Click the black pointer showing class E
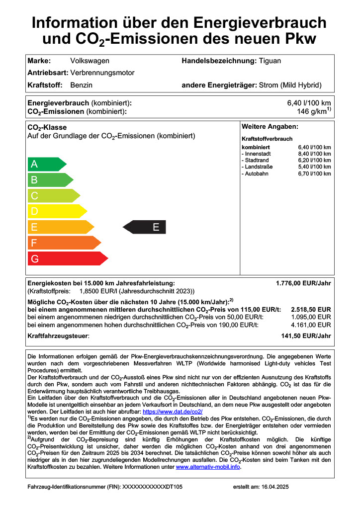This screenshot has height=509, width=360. (x=144, y=228)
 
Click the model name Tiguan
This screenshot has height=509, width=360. (x=270, y=61)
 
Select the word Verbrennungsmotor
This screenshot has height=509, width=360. (x=102, y=73)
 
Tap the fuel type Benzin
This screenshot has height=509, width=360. (x=82, y=85)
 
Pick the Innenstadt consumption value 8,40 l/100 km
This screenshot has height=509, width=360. (x=314, y=154)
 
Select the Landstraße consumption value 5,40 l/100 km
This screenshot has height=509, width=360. (x=314, y=167)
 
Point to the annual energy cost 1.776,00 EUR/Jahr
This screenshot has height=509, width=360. (x=303, y=283)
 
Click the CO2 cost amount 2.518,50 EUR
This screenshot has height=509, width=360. (x=311, y=309)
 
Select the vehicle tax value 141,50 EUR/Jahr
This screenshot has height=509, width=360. (x=306, y=336)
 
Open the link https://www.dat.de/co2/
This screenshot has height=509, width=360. (x=172, y=412)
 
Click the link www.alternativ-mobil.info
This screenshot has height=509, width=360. (x=208, y=467)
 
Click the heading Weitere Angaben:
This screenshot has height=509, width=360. (x=270, y=127)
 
